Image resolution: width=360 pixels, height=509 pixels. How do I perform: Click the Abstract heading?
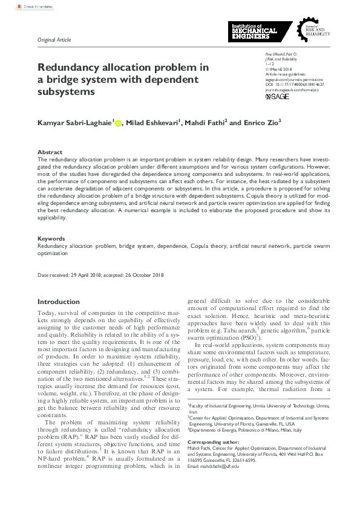pos(50,152)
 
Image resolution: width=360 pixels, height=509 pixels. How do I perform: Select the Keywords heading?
pos(51,239)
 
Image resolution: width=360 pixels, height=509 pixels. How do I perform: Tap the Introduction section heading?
pos(58,302)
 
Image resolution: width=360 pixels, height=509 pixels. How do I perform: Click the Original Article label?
pos(54,40)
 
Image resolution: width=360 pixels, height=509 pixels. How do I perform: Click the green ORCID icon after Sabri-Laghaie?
pos(118,123)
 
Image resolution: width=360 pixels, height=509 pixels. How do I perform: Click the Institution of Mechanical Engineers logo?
pos(253,31)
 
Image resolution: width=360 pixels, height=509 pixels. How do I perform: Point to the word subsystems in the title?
pos(67,92)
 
